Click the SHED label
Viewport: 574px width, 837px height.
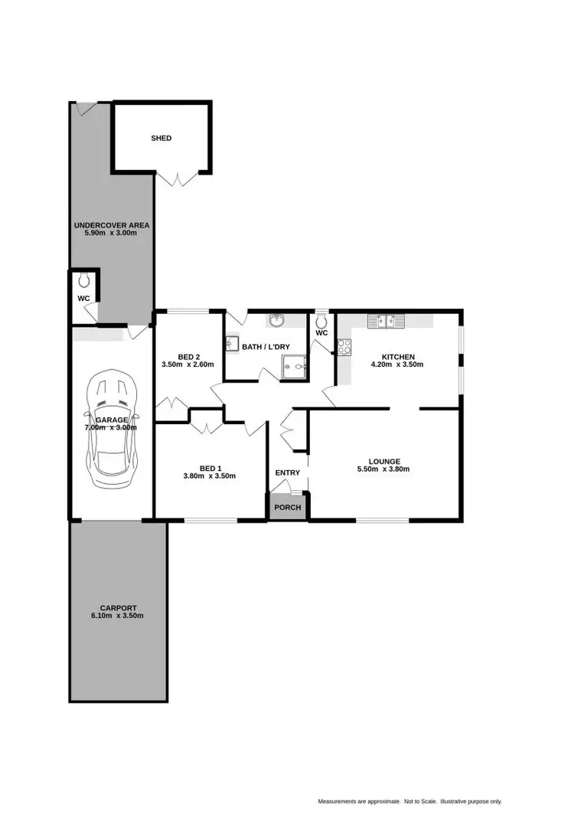pyautogui.click(x=161, y=139)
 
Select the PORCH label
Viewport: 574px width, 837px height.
pyautogui.click(x=287, y=508)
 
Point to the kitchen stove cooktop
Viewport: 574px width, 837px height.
pyautogui.click(x=344, y=347)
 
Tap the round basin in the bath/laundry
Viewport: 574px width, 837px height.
pyautogui.click(x=276, y=320)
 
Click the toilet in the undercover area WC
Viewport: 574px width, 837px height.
pyautogui.click(x=83, y=280)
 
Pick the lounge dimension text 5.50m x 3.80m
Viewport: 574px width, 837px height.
pyautogui.click(x=384, y=469)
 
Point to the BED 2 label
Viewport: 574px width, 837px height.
pyautogui.click(x=188, y=356)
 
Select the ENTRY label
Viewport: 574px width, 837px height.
pyautogui.click(x=288, y=472)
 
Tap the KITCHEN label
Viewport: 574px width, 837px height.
pyautogui.click(x=397, y=356)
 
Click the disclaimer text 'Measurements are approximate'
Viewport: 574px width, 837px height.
pyautogui.click(x=359, y=801)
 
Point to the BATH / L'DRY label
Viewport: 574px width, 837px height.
pyautogui.click(x=266, y=347)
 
